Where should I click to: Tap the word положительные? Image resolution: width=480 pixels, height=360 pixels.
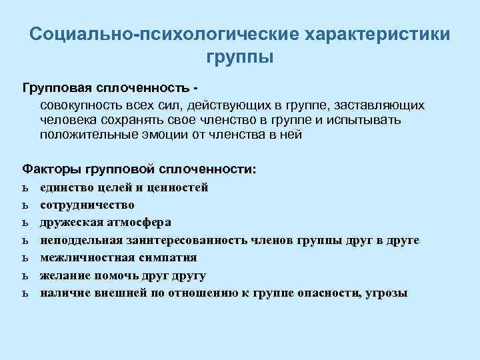(85, 135)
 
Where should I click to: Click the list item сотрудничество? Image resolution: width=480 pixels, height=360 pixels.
(87, 205)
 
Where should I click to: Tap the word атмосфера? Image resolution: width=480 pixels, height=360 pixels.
(133, 222)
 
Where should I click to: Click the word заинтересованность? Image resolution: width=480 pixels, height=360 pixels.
(187, 240)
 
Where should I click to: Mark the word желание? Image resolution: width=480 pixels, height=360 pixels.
(63, 275)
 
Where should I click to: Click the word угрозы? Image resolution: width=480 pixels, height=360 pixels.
(387, 293)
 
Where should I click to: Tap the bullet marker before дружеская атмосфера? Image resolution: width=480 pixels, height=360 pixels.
(25, 223)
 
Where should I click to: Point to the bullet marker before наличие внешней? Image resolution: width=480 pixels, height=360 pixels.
(25, 293)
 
